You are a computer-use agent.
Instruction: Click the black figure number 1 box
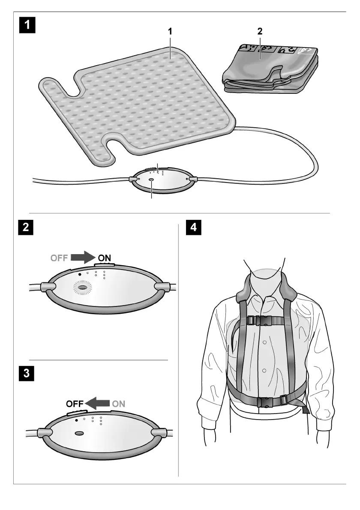[x=27, y=24]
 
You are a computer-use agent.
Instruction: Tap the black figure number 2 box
[x=27, y=227]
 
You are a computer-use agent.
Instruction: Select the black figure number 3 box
[x=27, y=373]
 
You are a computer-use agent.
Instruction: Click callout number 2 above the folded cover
[x=259, y=31]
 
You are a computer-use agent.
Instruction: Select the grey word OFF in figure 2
[x=59, y=258]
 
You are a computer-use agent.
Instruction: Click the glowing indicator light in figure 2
[x=83, y=287]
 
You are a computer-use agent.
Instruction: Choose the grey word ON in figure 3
[x=119, y=403]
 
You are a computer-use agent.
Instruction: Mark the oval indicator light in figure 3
[x=80, y=434]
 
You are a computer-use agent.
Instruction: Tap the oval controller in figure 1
[x=162, y=180]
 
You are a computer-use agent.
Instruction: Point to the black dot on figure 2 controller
[x=80, y=273]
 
